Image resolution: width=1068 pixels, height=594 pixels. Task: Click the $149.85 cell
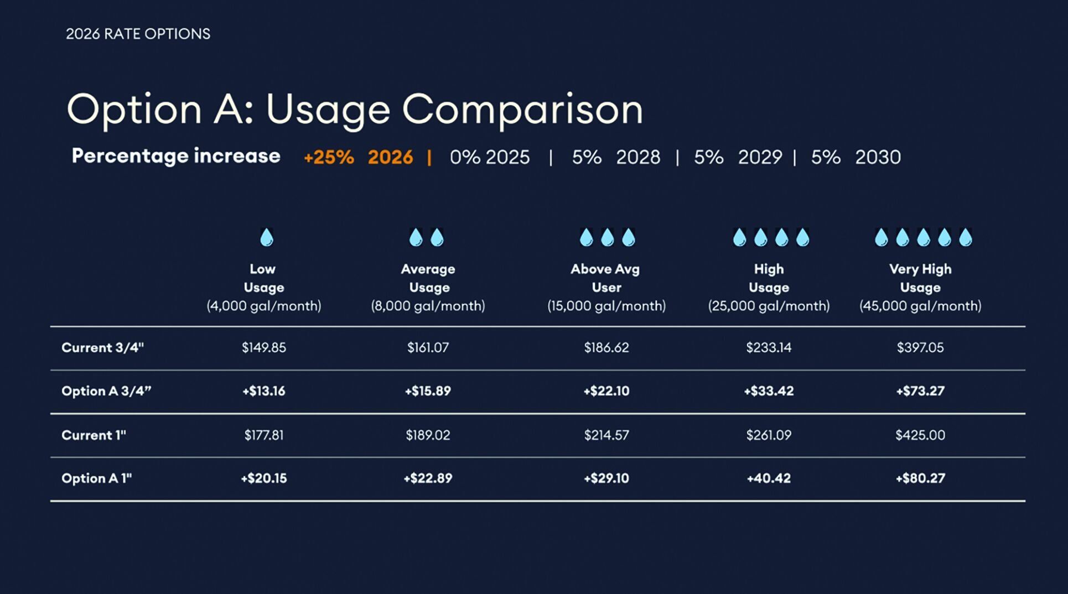tap(264, 347)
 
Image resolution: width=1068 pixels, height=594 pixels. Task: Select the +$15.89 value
tap(428, 391)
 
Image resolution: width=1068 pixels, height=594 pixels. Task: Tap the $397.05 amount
tap(920, 347)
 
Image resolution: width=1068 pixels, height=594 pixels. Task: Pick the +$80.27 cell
tap(920, 478)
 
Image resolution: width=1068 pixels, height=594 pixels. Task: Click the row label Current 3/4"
tap(102, 347)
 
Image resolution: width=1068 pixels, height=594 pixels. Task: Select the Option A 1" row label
tap(97, 478)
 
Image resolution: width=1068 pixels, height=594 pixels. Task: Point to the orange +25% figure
tap(329, 157)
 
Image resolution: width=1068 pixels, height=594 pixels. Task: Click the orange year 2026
tap(390, 157)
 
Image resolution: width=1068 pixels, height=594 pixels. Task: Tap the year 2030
tap(878, 157)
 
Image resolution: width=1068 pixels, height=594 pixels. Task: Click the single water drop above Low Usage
tap(267, 237)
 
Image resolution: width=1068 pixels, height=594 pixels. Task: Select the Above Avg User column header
tap(606, 278)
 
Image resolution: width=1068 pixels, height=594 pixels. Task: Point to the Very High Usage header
tap(920, 278)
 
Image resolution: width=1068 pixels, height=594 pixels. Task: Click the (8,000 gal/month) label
tap(428, 306)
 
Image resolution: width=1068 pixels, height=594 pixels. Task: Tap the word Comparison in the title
tap(522, 110)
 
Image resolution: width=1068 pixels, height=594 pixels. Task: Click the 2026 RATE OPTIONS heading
tap(138, 34)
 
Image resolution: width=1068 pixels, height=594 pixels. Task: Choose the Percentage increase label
tap(176, 156)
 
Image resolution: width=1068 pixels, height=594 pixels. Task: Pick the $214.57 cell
tap(606, 435)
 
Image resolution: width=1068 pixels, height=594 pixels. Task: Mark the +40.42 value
tap(769, 478)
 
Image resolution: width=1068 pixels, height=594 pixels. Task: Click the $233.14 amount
tap(769, 347)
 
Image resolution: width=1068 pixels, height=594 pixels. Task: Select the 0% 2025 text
tap(490, 157)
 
